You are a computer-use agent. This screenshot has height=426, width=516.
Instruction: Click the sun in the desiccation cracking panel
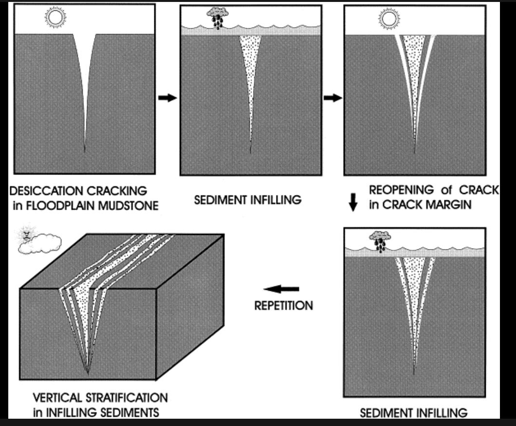click(x=55, y=18)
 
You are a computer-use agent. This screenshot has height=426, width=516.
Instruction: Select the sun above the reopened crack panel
click(x=388, y=19)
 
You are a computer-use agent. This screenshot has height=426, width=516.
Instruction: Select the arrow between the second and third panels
click(x=332, y=98)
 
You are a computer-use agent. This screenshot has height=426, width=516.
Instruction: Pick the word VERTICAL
click(x=55, y=397)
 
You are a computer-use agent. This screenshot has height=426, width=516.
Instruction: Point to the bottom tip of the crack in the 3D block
click(x=88, y=373)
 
